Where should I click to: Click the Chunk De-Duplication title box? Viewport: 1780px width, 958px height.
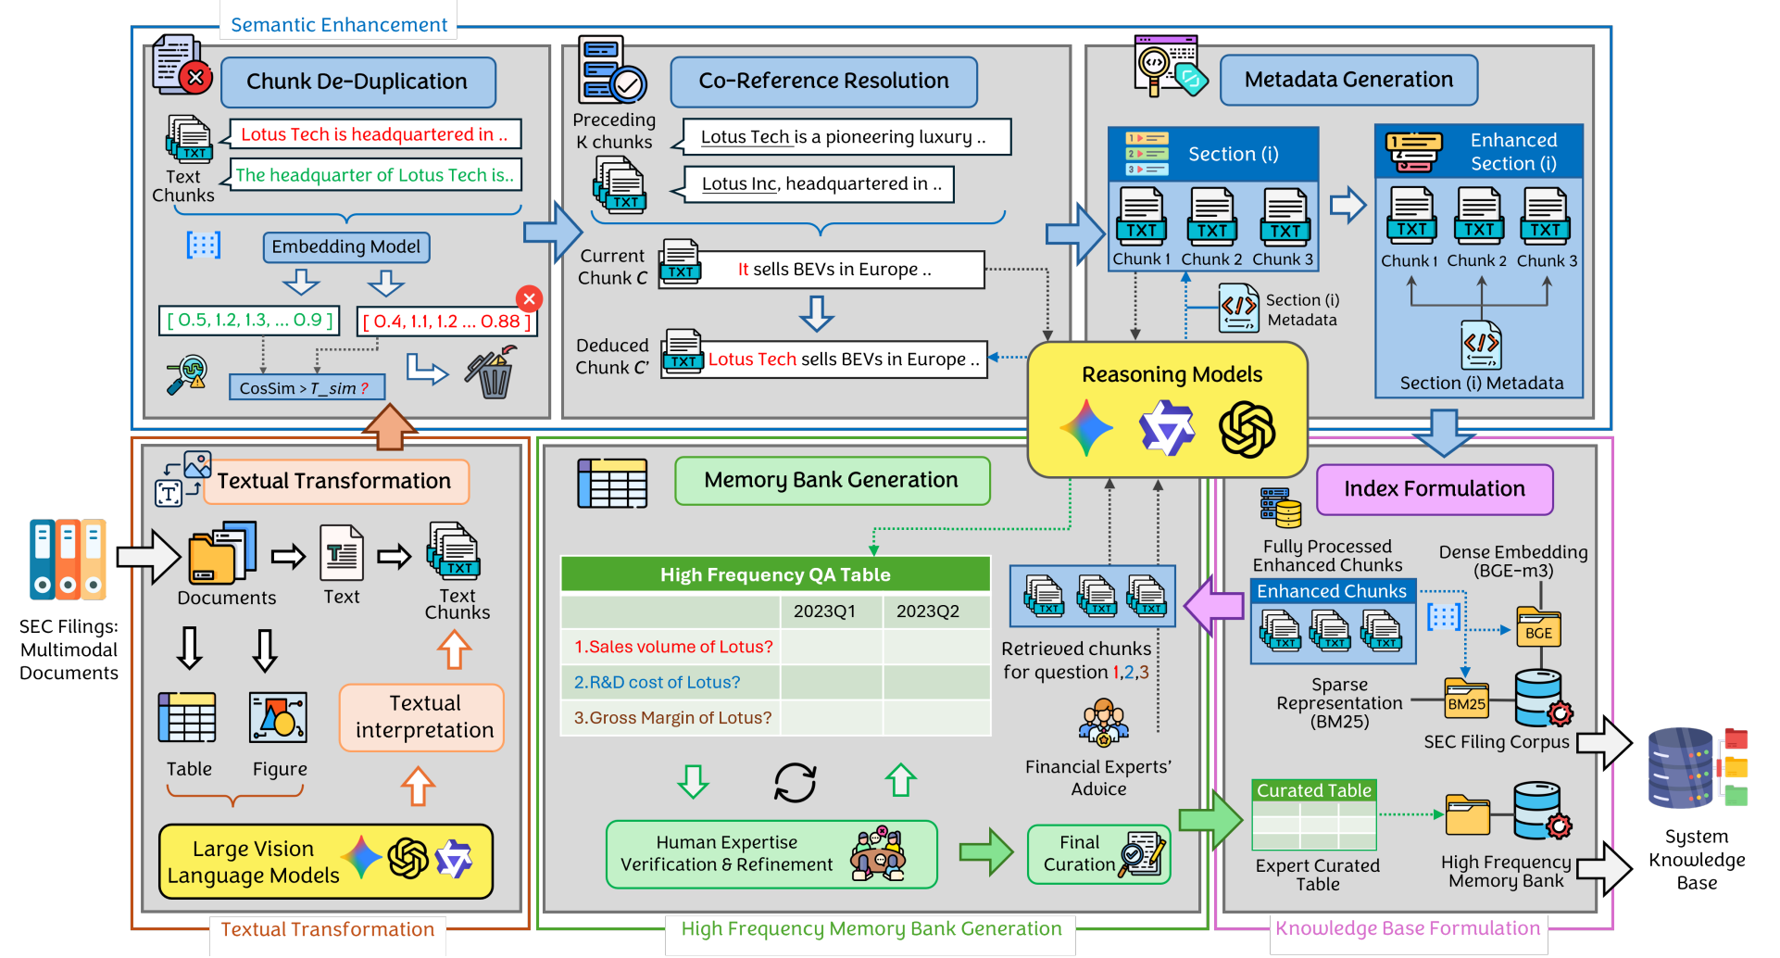click(357, 82)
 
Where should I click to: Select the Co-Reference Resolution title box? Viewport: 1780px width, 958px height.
click(823, 82)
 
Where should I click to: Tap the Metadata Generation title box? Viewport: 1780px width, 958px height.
click(1348, 80)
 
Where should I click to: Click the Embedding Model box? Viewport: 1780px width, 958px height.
click(345, 246)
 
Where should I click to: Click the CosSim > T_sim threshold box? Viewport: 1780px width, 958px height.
click(305, 388)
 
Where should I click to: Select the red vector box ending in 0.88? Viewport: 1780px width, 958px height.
click(446, 321)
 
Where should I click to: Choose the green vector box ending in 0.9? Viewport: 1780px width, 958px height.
click(250, 321)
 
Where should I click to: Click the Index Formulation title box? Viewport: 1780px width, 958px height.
click(1434, 489)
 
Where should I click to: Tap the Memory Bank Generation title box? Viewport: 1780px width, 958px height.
click(831, 480)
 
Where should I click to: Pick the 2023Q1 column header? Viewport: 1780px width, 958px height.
click(824, 611)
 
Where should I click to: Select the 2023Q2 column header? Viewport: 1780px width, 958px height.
click(927, 611)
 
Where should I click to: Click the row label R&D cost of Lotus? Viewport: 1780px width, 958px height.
click(658, 683)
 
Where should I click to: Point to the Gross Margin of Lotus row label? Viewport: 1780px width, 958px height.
click(672, 718)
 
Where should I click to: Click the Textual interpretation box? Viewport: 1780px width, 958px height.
click(423, 717)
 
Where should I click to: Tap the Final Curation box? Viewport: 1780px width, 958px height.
click(1098, 853)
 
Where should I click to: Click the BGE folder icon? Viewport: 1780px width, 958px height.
click(1538, 628)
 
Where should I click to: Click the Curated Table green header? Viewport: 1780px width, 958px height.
click(1313, 790)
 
